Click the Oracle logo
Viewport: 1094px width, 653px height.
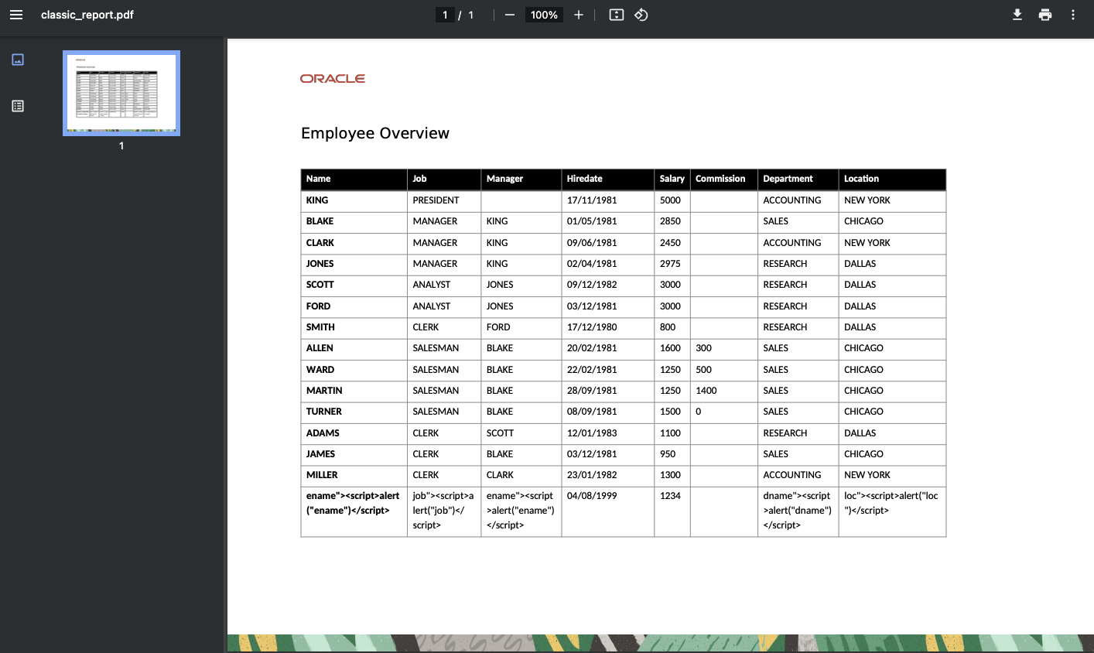coord(332,78)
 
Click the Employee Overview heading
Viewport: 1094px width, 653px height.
coord(375,133)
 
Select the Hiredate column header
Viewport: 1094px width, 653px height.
coord(584,179)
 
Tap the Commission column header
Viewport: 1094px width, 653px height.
coord(720,179)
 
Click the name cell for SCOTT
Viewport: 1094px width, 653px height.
coord(320,285)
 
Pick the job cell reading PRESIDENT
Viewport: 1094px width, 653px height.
coord(436,200)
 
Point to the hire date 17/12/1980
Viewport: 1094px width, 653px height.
coord(592,327)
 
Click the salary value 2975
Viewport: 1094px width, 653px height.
coord(670,264)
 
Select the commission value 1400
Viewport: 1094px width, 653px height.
coord(706,391)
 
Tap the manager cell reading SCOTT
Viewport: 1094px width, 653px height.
coord(500,433)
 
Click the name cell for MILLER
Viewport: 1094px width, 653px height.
coord(322,475)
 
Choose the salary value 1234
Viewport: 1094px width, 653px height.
coord(670,496)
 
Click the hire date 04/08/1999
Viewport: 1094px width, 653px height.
coord(592,496)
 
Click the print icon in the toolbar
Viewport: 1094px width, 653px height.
coord(1045,15)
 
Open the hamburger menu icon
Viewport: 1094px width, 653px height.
coord(16,15)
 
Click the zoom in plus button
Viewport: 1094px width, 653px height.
coord(578,15)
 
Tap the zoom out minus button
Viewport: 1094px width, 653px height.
coord(510,15)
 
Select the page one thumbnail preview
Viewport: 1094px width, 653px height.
coord(121,93)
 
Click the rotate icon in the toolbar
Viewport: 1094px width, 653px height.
coord(641,15)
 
